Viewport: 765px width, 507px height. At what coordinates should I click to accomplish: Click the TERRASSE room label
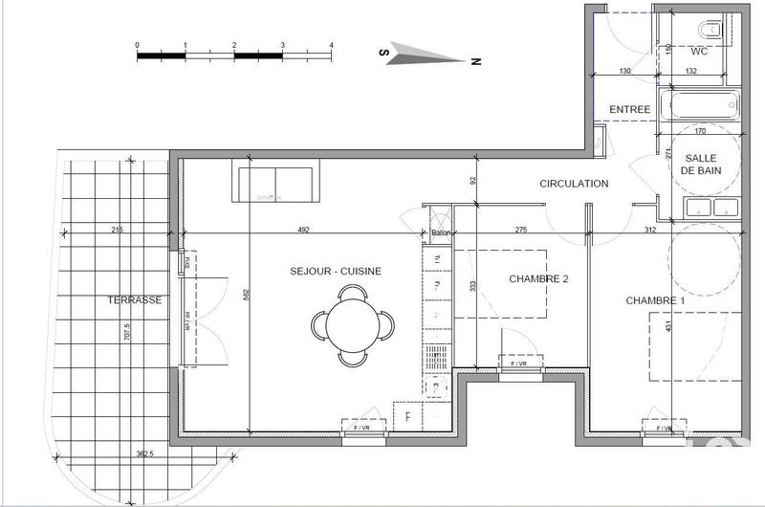coord(133,299)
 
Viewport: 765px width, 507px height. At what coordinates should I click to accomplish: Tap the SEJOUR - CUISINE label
coord(336,271)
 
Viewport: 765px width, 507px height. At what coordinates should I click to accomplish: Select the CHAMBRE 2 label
coord(538,279)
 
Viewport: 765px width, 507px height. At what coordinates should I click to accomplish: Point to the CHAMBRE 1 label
coord(656,300)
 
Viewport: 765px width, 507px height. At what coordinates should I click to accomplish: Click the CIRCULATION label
coord(574,184)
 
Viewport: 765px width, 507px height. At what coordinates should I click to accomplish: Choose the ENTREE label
coord(629,110)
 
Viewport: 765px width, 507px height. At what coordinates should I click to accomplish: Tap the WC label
coord(699,51)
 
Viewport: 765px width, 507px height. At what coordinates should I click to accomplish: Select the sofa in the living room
coord(276,183)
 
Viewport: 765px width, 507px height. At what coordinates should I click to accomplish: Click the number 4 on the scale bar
coord(331,46)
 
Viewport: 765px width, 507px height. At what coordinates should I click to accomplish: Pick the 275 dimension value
coord(521,229)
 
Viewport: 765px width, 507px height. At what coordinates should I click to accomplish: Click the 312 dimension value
coord(649,229)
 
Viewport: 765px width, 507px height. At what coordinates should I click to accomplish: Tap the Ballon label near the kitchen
coord(440,233)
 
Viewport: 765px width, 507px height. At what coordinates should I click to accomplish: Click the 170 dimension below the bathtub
coord(700,131)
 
